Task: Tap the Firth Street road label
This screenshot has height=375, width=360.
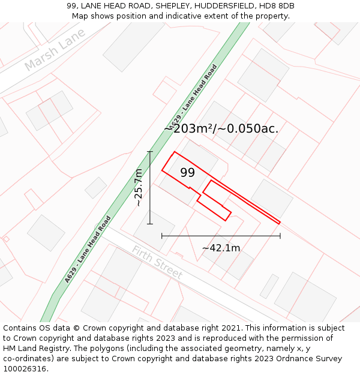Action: tap(157, 262)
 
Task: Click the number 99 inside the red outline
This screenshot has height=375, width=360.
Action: tap(187, 173)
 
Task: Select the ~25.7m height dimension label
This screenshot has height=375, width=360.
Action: tap(139, 188)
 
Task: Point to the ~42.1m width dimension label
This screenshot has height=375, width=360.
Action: tap(221, 248)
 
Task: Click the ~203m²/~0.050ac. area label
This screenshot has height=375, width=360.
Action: tap(221, 128)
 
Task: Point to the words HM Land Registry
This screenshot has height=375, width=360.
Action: tap(33, 348)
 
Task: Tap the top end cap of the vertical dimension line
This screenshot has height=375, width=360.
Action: tap(150, 152)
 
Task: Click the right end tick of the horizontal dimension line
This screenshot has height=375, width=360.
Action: tap(280, 236)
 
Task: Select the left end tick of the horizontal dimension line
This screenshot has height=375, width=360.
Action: tap(162, 236)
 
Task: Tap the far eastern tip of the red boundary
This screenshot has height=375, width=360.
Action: tap(280, 223)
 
